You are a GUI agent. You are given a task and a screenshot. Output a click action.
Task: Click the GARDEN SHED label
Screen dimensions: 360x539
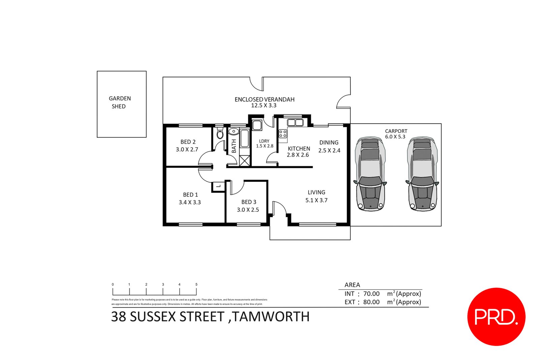click(120, 102)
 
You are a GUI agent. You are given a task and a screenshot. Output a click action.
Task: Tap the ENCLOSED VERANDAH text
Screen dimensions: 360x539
click(264, 99)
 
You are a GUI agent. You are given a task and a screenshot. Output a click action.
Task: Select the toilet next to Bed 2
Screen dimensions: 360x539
click(220, 133)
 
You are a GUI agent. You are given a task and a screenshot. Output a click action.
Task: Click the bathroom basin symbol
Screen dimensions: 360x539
click(233, 132)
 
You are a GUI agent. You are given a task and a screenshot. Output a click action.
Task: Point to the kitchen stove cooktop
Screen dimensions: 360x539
click(283, 133)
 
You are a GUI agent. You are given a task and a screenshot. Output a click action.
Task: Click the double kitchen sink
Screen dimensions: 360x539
click(295, 122)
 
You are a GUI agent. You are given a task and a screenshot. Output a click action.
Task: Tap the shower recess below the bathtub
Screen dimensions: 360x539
click(245, 160)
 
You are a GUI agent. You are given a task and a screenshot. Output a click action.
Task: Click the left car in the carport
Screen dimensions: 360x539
click(370, 174)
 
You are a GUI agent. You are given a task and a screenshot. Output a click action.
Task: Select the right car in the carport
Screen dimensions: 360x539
click(422, 174)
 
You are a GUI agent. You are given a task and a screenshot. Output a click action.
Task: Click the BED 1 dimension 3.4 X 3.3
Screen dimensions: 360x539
click(190, 202)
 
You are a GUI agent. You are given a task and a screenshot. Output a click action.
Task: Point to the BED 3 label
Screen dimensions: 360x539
click(249, 202)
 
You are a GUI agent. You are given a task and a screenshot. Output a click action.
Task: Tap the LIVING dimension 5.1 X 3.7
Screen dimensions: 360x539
click(316, 200)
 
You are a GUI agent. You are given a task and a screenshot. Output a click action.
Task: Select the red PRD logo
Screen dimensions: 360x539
click(496, 317)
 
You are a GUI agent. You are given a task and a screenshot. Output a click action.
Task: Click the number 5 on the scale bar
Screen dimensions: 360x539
click(196, 284)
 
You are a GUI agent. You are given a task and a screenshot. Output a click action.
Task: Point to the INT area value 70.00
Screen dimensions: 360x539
click(371, 294)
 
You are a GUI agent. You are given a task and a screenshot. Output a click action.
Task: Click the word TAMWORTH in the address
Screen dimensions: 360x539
click(271, 317)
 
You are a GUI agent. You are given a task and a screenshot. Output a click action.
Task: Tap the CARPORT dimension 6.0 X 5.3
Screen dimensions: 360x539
click(395, 137)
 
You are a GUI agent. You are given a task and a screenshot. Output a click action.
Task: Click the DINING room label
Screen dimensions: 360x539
click(329, 143)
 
